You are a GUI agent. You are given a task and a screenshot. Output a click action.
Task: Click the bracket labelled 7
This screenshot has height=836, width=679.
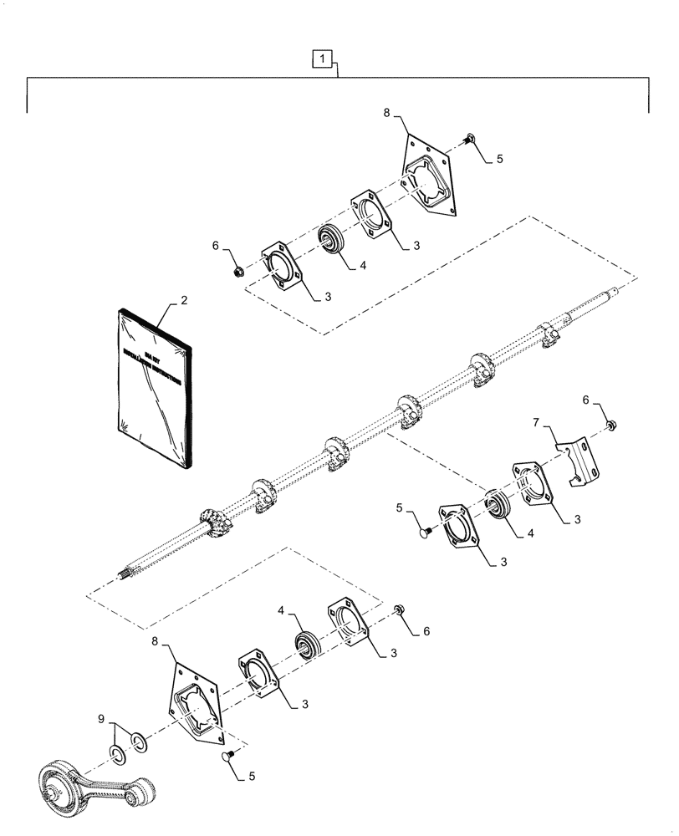point(579,464)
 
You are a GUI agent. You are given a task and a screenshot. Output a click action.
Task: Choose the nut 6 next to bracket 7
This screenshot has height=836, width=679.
point(611,426)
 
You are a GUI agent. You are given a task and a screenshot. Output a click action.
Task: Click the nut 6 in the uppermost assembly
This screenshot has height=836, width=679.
point(237,270)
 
